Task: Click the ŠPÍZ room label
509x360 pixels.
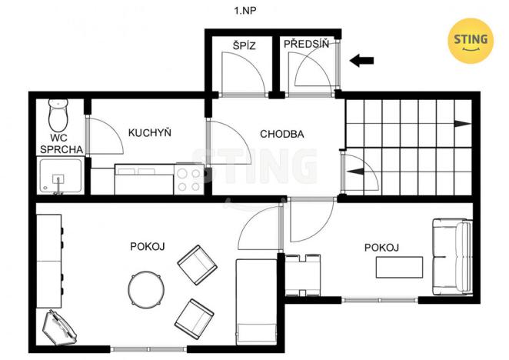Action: tap(244, 45)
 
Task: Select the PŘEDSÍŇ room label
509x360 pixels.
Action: tap(306, 45)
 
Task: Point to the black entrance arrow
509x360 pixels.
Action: tap(361, 60)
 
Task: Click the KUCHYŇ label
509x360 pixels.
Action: tap(149, 133)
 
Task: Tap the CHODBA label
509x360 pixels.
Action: tap(281, 133)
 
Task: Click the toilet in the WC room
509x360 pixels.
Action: tap(58, 116)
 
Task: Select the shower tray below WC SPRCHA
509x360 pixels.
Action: tap(58, 177)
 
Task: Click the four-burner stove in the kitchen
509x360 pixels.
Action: tap(189, 179)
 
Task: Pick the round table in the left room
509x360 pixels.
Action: tap(145, 289)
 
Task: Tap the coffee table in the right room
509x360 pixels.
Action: tap(399, 267)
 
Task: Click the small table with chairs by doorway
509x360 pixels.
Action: tap(302, 274)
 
